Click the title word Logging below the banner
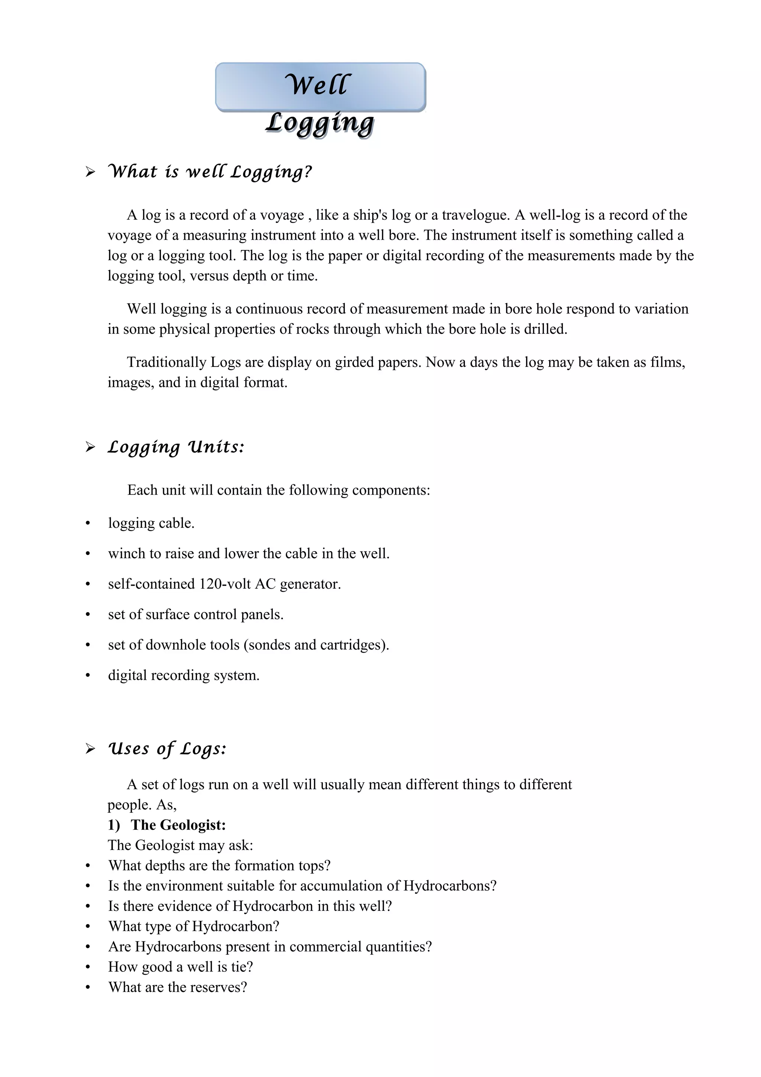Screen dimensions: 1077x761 click(x=320, y=123)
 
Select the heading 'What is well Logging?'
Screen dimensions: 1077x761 click(x=210, y=172)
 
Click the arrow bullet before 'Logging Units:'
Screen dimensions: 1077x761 click(x=90, y=447)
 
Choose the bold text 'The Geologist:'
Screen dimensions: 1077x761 click(x=178, y=825)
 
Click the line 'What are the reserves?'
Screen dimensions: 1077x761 click(x=177, y=987)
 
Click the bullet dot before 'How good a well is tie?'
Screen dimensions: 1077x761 click(x=88, y=967)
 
